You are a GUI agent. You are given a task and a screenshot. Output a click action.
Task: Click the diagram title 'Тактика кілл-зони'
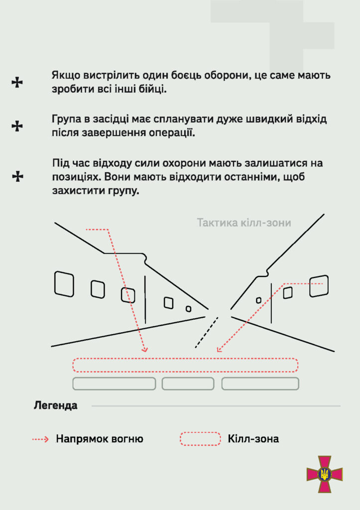[x=244, y=223]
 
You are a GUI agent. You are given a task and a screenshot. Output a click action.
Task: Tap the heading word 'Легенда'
[x=56, y=405]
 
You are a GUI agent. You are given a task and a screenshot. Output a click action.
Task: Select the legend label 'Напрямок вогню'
[x=100, y=439]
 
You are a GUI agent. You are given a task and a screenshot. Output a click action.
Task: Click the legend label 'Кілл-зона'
[x=253, y=439]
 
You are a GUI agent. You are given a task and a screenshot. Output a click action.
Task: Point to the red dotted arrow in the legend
[x=40, y=439]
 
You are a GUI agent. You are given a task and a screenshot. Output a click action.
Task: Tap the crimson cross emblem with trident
[x=325, y=474]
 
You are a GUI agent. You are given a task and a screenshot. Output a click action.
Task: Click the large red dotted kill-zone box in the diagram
[x=185, y=359]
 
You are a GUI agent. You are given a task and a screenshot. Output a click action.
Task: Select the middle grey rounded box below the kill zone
[x=188, y=378]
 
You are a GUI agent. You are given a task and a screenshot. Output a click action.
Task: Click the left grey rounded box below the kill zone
[x=114, y=378]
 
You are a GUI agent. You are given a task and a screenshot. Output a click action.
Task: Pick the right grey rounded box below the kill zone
[x=260, y=378]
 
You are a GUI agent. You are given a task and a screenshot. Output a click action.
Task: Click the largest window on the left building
[x=55, y=284]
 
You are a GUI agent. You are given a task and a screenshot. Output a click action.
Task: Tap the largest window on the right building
[x=310, y=286]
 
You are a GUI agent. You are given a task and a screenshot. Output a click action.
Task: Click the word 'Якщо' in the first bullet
[x=66, y=76]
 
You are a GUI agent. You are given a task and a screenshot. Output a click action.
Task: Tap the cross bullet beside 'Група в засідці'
[x=17, y=126]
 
